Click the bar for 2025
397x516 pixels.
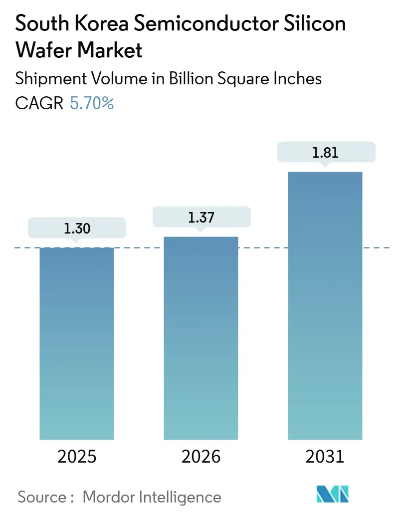[x=77, y=343]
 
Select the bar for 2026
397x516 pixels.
[x=201, y=338]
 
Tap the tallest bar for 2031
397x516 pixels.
[x=325, y=305]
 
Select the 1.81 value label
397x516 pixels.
[x=325, y=152]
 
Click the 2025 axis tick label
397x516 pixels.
[x=77, y=457]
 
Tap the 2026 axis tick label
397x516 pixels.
[x=201, y=457]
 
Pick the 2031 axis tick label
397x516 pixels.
[x=325, y=457]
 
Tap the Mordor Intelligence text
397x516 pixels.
[x=152, y=497]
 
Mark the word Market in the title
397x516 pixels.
[x=108, y=50]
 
